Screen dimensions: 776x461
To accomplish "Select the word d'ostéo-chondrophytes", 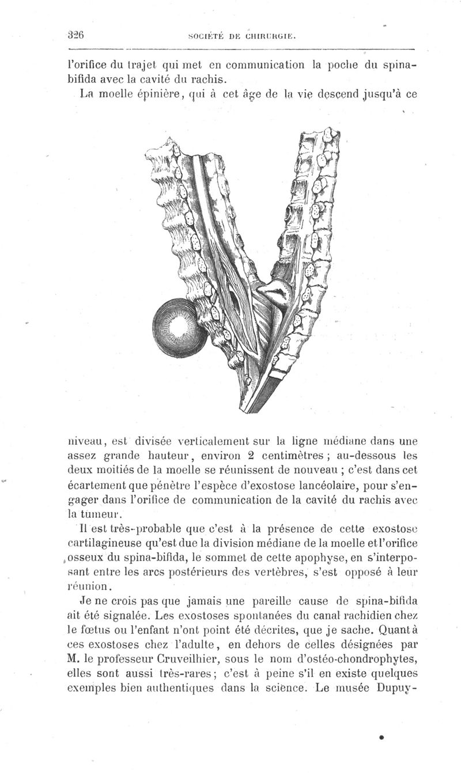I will pyautogui.click(x=359, y=659).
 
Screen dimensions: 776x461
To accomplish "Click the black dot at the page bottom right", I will pyautogui.click(x=381, y=736).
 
